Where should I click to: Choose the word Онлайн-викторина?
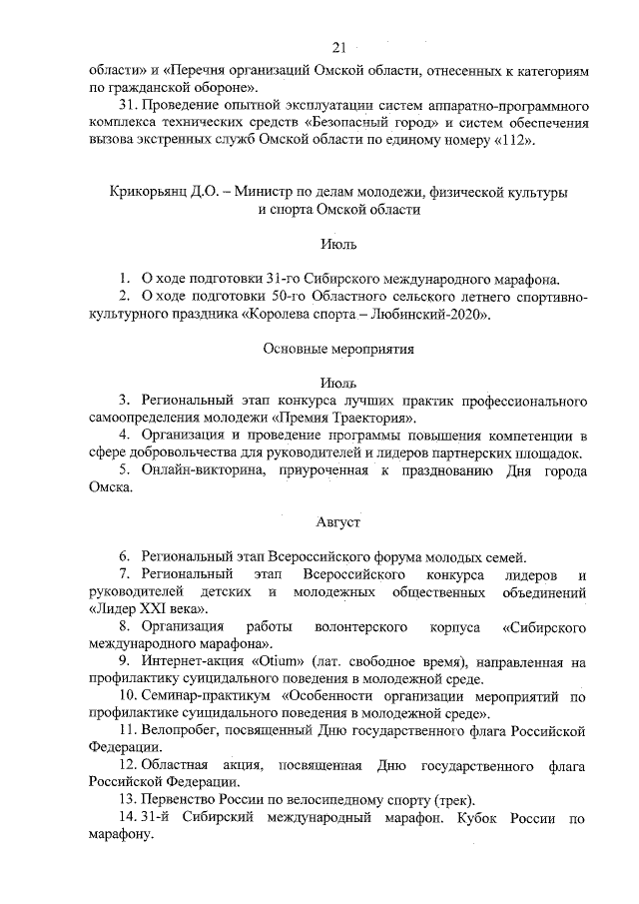point(196,470)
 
